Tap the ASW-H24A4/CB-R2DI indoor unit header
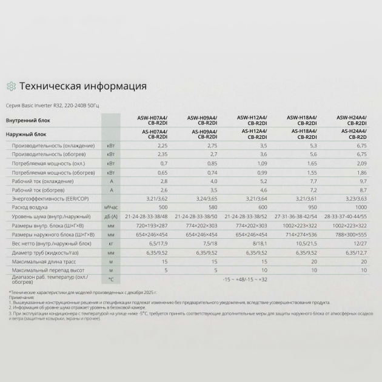[x=354, y=120]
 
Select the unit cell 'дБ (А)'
[x=110, y=216]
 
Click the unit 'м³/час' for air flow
[x=110, y=207]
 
